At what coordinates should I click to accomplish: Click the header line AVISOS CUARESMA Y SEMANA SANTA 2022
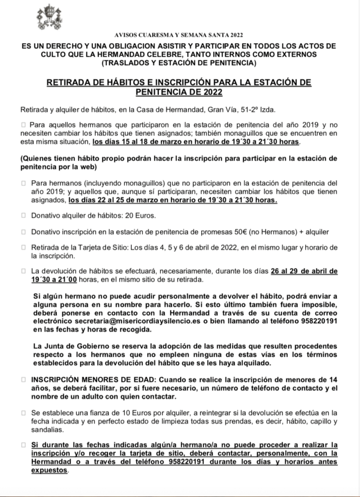click(x=180, y=35)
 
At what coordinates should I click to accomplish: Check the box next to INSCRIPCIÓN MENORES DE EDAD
click(x=23, y=379)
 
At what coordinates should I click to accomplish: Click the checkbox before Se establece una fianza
click(x=23, y=412)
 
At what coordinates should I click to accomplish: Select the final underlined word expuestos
click(x=50, y=470)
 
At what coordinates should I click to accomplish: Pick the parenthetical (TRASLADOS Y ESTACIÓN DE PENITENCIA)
click(x=180, y=63)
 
